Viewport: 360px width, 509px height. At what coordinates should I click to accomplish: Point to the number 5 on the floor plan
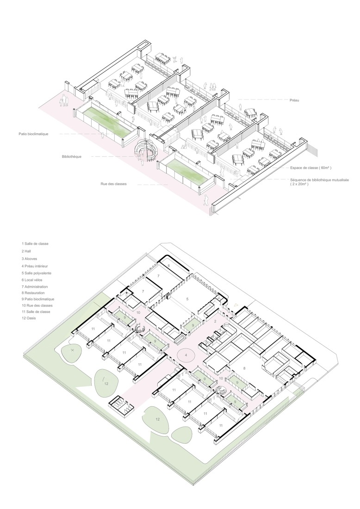188,299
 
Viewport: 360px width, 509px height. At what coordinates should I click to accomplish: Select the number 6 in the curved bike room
169,265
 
